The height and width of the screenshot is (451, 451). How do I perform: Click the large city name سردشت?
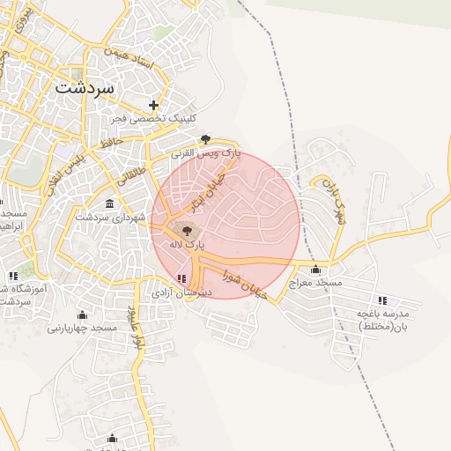(x=85, y=88)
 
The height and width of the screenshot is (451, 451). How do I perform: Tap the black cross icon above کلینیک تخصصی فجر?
(x=154, y=105)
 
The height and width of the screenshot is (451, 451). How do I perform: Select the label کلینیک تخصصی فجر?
(x=155, y=118)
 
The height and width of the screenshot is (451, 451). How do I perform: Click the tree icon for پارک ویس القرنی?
(x=205, y=138)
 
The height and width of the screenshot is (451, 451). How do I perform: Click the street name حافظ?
(x=110, y=141)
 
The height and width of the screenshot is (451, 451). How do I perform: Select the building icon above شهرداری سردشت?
(x=109, y=204)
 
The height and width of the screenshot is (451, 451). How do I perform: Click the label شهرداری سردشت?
(x=109, y=217)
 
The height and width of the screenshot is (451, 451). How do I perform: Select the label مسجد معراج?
(x=317, y=282)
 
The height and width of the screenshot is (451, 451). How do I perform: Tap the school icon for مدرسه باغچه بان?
(x=381, y=300)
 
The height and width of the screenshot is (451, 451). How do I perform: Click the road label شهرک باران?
(x=333, y=203)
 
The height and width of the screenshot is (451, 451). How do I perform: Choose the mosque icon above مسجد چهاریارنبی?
(x=83, y=314)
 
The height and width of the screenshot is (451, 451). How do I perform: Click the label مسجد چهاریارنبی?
(x=83, y=328)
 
